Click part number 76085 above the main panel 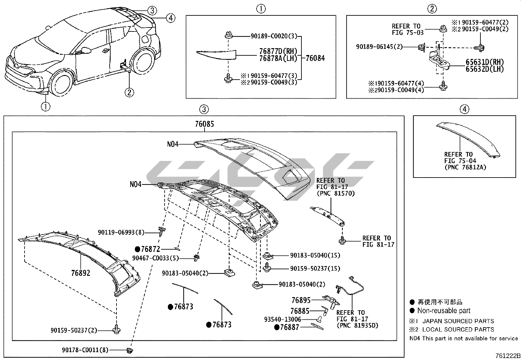[x=204, y=124]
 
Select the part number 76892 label [x=81, y=273]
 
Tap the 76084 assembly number [x=315, y=58]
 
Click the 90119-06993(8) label [x=121, y=232]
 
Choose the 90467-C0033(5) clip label [x=155, y=258]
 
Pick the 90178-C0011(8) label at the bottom [x=85, y=350]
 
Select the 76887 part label [x=290, y=327]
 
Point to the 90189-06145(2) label [x=379, y=47]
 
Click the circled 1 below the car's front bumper [x=45, y=106]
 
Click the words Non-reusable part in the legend [x=443, y=311]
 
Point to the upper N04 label [x=173, y=144]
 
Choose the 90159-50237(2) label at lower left [x=74, y=330]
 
